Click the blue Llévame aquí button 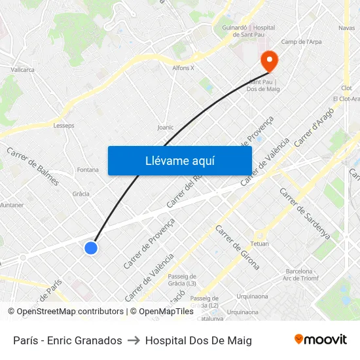point(179,160)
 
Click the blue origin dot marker point(91,247)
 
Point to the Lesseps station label point(63,126)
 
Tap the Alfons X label point(183,67)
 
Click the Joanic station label point(166,128)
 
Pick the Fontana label point(88,170)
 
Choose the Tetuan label point(259,243)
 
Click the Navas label point(346,27)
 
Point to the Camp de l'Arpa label point(301,42)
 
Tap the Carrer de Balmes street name point(33,166)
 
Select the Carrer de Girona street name point(238,247)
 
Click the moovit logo point(320,340)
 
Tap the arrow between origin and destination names point(134,340)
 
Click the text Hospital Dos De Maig point(198,340)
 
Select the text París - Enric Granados point(67,340)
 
